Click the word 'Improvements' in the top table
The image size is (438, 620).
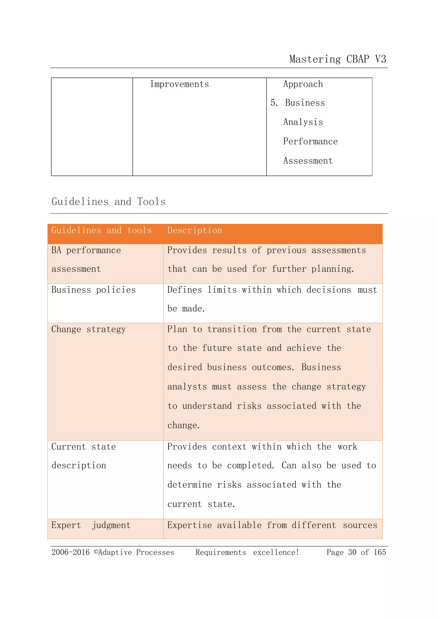point(179,84)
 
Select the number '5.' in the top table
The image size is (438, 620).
point(274,103)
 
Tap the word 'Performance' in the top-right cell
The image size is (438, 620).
point(310,141)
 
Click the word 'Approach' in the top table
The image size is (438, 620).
point(303,84)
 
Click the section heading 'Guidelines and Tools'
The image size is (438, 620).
point(108,202)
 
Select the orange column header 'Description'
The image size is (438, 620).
point(194,230)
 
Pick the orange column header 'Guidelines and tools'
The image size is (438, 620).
point(101,230)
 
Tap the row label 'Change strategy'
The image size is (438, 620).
point(89,329)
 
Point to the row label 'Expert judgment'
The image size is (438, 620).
point(91,525)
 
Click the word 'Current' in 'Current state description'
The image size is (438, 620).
point(69,447)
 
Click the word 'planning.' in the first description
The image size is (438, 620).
point(333,269)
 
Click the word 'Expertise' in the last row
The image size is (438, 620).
point(189,525)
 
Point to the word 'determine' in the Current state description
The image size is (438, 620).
point(189,485)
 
